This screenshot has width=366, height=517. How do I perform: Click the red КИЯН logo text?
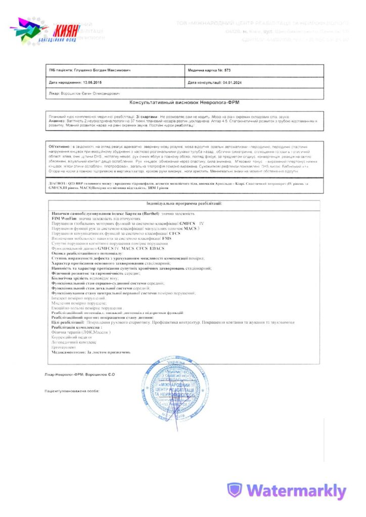pyautogui.click(x=66, y=29)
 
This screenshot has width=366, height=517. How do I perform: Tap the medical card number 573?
pyautogui.click(x=227, y=70)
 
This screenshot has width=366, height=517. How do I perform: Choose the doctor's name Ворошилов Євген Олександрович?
pyautogui.click(x=86, y=93)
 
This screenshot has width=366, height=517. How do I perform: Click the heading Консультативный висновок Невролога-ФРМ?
pyautogui.click(x=185, y=102)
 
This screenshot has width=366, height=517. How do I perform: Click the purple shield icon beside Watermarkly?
pyautogui.click(x=235, y=490)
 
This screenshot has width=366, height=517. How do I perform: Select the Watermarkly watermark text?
pyautogui.click(x=296, y=490)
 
